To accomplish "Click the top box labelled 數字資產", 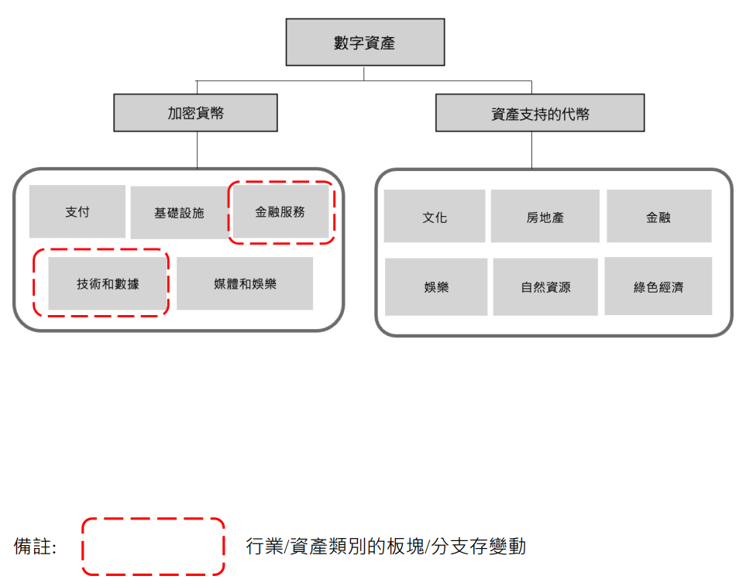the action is pos(365,43).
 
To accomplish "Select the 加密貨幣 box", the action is pos(195,113).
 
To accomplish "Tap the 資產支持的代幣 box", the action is pos(540,113).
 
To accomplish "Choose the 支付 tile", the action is pos(77,211).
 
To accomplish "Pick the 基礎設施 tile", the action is pos(180,212).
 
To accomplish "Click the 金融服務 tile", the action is pos(280,211).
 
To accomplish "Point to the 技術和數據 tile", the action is pos(108,284).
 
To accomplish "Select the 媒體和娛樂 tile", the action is pos(245,284).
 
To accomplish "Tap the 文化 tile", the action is pos(435,216).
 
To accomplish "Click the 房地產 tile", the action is pos(545,216).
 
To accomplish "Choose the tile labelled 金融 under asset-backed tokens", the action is pos(659,216).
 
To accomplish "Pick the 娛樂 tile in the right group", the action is pos(436,286).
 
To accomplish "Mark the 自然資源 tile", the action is pos(545,286).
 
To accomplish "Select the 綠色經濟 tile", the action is pos(658,286).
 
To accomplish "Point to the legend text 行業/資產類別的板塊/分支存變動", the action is pos(386,547).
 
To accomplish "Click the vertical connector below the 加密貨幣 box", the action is pos(197,149).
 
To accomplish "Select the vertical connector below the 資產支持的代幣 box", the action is pos(532,149).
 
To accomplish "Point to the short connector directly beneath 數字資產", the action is pos(364,74).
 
